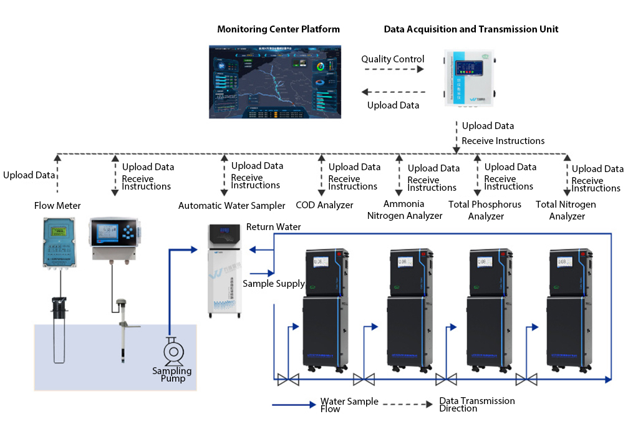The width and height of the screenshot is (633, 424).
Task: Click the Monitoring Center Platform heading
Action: [x=278, y=29]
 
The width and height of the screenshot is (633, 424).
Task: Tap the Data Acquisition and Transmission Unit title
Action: [x=471, y=29]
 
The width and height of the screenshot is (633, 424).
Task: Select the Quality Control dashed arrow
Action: [x=392, y=70]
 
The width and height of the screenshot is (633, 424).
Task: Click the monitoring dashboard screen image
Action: [x=274, y=82]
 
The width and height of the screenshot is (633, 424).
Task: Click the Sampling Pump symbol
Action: [x=173, y=352]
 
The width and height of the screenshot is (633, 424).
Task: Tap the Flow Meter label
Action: [x=57, y=205]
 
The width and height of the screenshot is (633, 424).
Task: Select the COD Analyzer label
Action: [x=324, y=205]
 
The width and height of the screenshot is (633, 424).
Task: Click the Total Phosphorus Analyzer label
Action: [x=485, y=210]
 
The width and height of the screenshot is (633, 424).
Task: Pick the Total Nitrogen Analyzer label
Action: [x=566, y=210]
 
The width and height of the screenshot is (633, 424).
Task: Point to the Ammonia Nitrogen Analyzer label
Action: [x=404, y=210]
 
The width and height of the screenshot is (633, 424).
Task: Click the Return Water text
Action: [x=273, y=227]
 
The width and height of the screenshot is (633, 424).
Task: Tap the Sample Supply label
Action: [x=273, y=284]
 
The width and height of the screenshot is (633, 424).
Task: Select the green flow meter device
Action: [x=61, y=243]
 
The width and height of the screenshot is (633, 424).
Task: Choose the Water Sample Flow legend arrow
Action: [x=294, y=405]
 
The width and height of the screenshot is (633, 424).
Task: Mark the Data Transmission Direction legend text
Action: [x=476, y=404]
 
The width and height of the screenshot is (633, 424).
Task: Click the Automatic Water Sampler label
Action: [x=231, y=205]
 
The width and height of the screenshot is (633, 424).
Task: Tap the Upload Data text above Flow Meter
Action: [x=29, y=175]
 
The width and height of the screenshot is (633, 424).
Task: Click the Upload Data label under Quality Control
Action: [x=393, y=105]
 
